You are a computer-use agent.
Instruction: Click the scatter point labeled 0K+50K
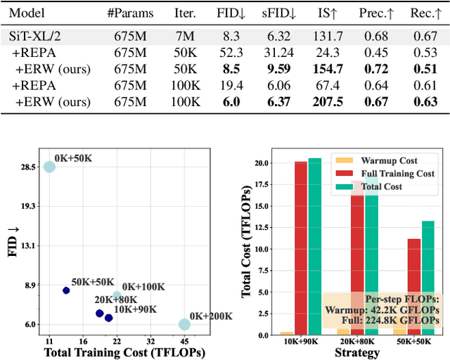tap(49, 167)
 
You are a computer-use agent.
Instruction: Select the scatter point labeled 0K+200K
tap(184, 324)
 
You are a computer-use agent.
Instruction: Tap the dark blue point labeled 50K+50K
tap(66, 290)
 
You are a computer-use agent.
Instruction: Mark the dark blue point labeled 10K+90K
tap(108, 318)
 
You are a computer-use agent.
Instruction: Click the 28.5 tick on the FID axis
tap(29, 167)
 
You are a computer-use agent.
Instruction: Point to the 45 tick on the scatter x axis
tap(184, 340)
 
